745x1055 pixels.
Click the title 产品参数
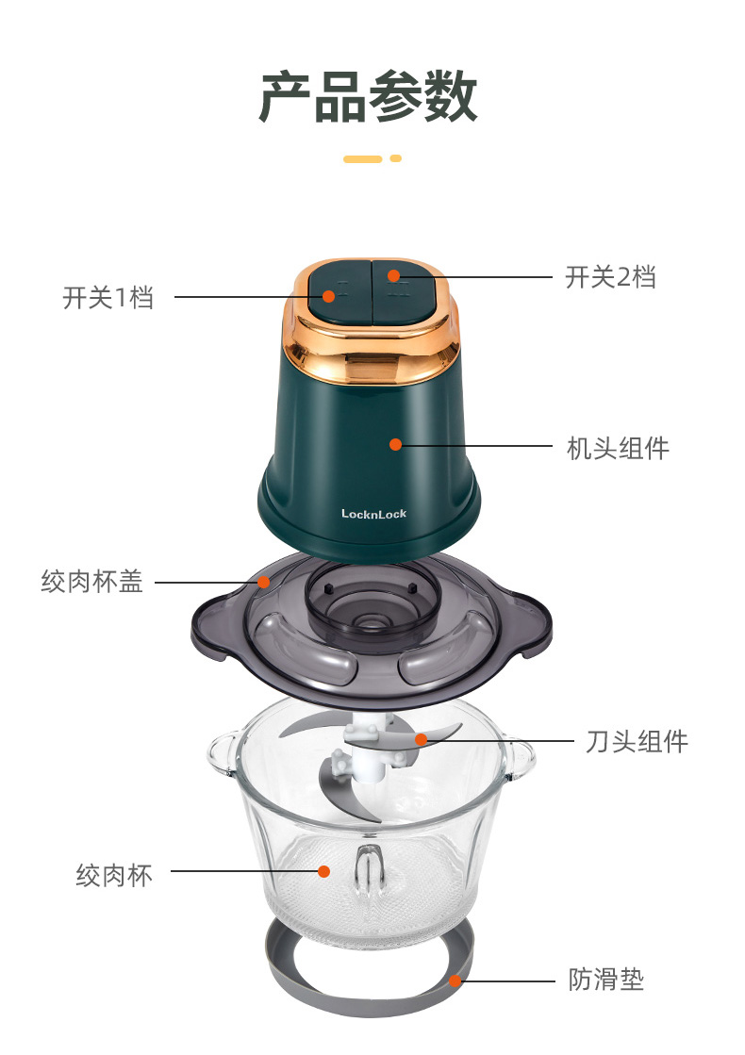(x=368, y=97)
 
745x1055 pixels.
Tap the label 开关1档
(x=108, y=297)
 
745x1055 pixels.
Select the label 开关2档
(x=610, y=277)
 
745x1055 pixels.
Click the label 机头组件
(x=618, y=448)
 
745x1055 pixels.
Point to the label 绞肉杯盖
(x=92, y=582)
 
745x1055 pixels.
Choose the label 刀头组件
(x=637, y=741)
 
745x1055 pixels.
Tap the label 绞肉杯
(x=114, y=875)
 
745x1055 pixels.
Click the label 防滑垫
(x=606, y=979)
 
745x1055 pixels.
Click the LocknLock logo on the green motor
(x=373, y=514)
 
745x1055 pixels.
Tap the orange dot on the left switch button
(x=328, y=296)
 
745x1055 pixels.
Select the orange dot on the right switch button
(x=393, y=275)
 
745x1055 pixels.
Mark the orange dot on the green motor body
(x=396, y=444)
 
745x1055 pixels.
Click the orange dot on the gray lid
(x=264, y=582)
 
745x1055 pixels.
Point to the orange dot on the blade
(x=422, y=740)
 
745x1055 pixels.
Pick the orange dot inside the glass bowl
(x=323, y=871)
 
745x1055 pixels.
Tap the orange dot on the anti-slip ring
(x=455, y=981)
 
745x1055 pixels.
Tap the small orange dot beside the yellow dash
(x=396, y=158)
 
